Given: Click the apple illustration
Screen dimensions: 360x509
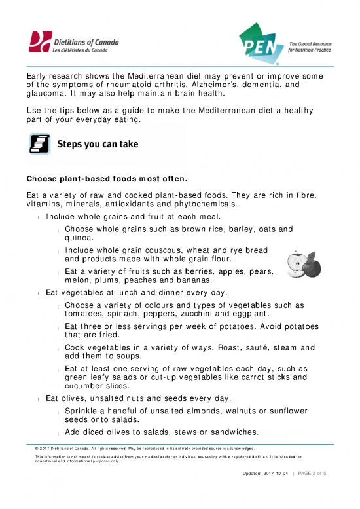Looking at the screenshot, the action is (298, 263).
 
